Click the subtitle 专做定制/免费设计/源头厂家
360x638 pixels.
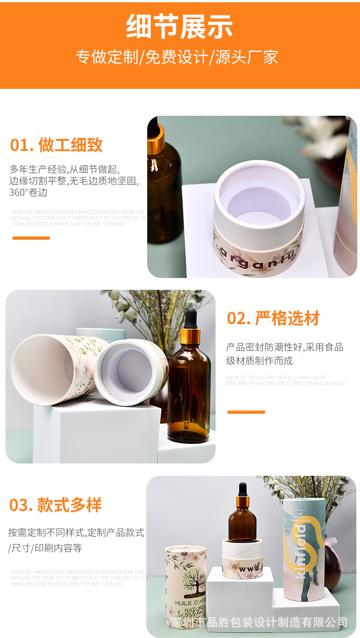tap(177, 57)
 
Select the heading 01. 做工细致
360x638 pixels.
tap(57, 145)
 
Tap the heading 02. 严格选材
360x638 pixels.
tap(273, 318)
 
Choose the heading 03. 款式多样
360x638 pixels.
tap(56, 505)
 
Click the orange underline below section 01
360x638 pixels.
tap(31, 238)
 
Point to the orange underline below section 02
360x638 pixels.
tap(246, 412)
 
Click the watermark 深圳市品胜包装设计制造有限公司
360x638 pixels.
tap(259, 622)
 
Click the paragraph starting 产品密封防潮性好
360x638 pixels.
tap(284, 354)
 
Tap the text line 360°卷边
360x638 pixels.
tap(28, 193)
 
